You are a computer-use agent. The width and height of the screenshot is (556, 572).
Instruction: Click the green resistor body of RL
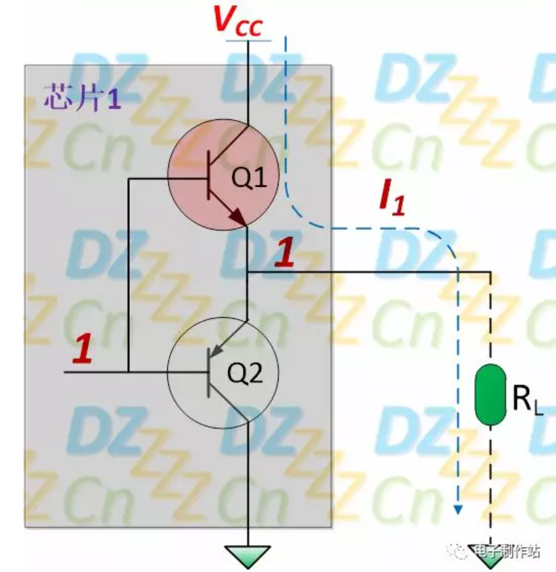[490, 394]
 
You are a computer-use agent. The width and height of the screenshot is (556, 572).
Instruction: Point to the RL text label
[526, 401]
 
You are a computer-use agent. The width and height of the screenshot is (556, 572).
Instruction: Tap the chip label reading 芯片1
[81, 98]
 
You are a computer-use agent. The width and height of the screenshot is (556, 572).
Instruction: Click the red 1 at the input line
[83, 349]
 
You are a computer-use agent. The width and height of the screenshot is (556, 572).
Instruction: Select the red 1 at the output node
[285, 253]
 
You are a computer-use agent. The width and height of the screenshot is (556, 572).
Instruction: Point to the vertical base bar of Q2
[207, 372]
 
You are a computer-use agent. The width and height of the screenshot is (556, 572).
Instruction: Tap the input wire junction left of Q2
[128, 372]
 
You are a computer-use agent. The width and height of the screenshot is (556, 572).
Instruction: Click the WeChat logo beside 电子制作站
[461, 551]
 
